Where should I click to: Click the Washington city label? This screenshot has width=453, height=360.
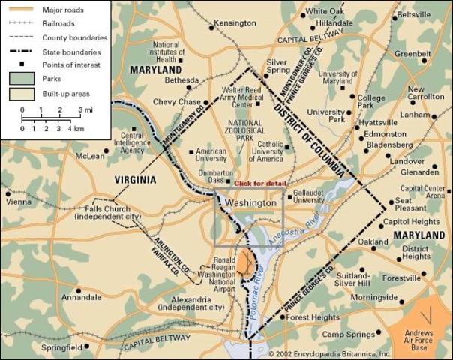250,202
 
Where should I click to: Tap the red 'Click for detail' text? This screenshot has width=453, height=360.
259,184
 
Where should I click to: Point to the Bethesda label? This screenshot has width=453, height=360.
181,79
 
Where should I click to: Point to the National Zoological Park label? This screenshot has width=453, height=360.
244,131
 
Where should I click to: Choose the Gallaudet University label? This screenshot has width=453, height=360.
308,196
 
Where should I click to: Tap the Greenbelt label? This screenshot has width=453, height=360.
412,54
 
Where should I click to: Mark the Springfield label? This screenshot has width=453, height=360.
61,348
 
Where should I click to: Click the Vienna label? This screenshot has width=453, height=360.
19,202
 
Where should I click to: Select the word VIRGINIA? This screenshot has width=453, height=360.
135,180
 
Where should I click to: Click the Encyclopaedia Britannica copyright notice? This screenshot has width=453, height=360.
330,353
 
